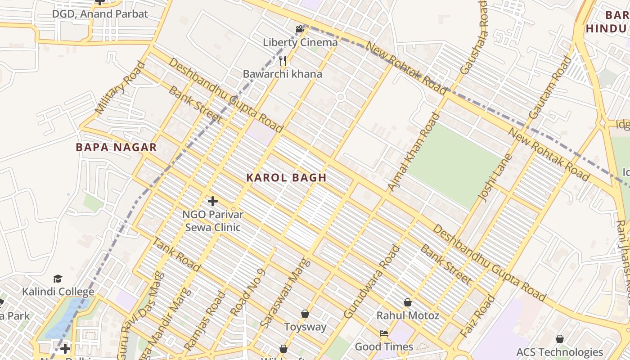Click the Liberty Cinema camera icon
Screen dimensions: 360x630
pos(300,30)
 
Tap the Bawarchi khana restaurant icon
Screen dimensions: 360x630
pos(283,60)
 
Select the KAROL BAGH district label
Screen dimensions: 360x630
pos(286,178)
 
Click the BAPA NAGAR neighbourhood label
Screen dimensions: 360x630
pos(116,147)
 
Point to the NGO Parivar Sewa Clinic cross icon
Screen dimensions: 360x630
pos(213,201)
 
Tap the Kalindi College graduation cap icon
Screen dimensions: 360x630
pos(58,279)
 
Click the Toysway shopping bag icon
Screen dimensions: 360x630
pos(305,314)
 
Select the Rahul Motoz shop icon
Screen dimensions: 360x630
pos(408,302)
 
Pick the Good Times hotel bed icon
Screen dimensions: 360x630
pos(384,333)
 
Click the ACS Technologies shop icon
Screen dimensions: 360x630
pos(560,339)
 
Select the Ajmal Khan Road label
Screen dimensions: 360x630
pos(414,152)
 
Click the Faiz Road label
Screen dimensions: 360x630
pos(478,316)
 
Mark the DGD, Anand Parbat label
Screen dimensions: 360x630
pos(100,14)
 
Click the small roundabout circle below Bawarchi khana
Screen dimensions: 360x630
pos(340,97)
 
